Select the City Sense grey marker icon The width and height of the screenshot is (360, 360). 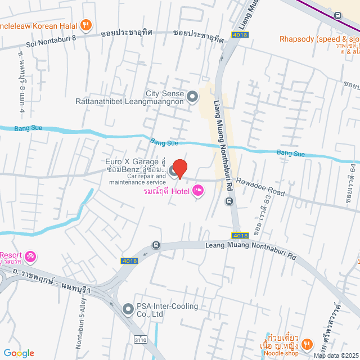pyautogui.click(x=193, y=97)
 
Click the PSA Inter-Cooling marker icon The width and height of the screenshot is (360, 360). pyautogui.click(x=128, y=309)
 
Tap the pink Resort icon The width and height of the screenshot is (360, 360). pyautogui.click(x=31, y=256)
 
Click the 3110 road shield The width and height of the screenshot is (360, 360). pyautogui.click(x=141, y=339)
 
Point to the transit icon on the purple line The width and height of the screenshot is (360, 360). pyautogui.click(x=338, y=16)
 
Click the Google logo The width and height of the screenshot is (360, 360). pyautogui.click(x=19, y=353)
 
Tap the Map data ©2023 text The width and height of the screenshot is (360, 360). pyautogui.click(x=336, y=355)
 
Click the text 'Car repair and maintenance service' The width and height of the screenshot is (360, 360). pyautogui.click(x=138, y=179)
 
